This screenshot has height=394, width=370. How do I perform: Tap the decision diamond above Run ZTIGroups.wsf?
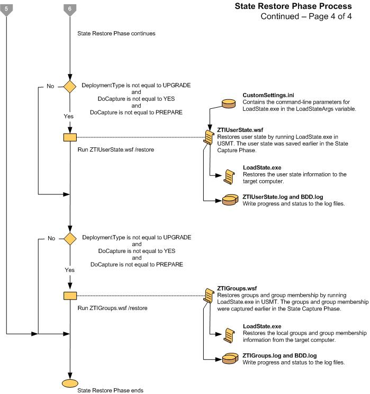point(70,238)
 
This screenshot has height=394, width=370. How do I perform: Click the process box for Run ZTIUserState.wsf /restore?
point(70,137)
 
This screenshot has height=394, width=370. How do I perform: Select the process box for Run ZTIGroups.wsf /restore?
point(70,296)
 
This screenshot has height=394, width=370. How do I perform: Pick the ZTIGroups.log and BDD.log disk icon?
point(230,359)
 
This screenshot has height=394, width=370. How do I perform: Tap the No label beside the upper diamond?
point(51,86)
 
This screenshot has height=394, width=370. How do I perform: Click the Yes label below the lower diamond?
point(70,269)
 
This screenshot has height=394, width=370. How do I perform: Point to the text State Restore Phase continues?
point(116,33)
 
